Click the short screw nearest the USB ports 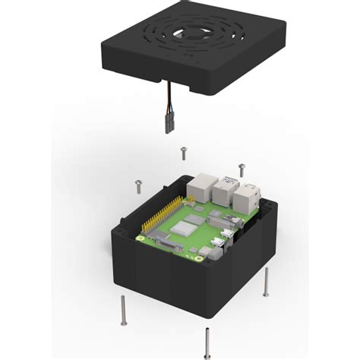click(242, 168)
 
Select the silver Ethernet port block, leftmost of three click(204, 185)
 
